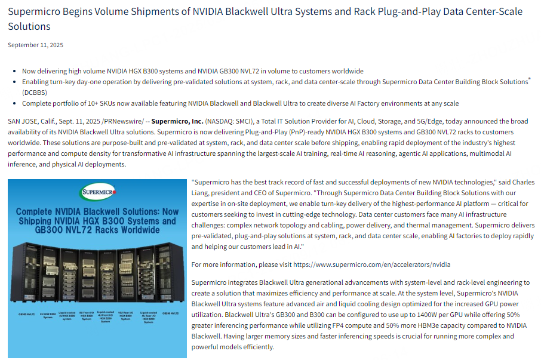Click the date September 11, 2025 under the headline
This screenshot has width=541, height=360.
point(35,45)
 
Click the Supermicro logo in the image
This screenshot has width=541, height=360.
point(97,192)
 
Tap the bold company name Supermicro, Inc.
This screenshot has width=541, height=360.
point(177,121)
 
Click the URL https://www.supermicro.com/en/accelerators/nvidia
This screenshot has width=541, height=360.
point(371,264)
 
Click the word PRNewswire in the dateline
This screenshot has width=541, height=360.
point(120,121)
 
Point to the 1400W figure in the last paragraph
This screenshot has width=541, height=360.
point(408,314)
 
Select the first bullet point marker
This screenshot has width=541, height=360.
point(15,71)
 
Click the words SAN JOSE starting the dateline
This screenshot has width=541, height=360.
point(23,121)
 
